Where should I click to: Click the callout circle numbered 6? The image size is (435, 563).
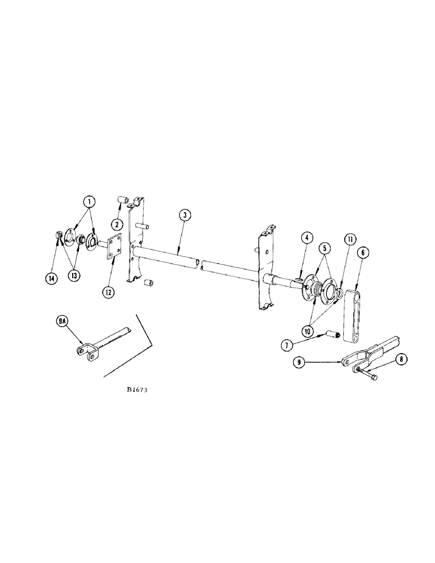(362, 254)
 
